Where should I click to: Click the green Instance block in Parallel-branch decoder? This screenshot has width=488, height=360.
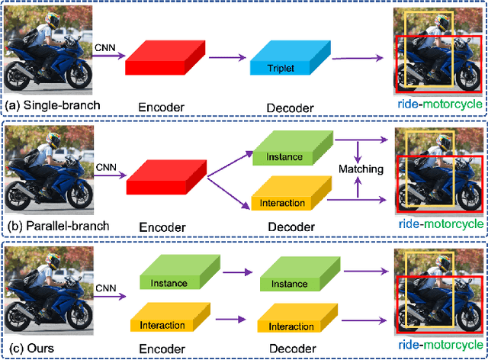click(x=288, y=151)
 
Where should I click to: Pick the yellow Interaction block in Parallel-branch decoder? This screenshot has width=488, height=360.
click(x=288, y=198)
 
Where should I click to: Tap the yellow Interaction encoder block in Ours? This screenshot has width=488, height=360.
click(x=169, y=320)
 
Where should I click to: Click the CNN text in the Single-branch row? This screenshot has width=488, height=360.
click(x=104, y=47)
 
